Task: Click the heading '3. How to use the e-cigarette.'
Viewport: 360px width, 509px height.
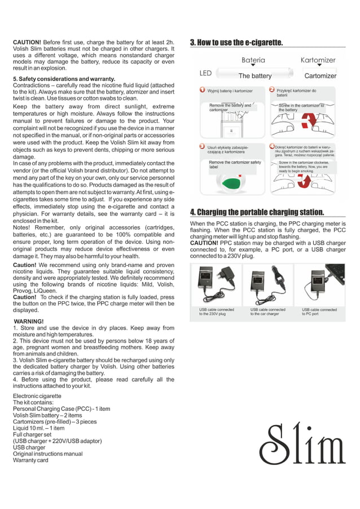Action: click(x=236, y=42)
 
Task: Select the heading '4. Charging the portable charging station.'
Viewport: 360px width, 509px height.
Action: click(x=257, y=212)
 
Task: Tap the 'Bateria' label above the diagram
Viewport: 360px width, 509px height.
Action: click(x=253, y=60)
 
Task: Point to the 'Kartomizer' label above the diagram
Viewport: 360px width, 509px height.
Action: click(x=318, y=60)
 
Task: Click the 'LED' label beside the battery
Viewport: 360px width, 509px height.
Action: click(x=205, y=73)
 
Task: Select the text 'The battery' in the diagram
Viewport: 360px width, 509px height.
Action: click(x=255, y=76)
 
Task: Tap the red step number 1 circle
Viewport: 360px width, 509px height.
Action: click(x=203, y=90)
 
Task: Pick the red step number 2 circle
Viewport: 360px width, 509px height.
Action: click(x=271, y=90)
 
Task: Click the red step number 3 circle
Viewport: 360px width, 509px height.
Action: click(x=203, y=146)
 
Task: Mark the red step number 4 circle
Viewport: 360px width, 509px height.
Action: click(x=271, y=146)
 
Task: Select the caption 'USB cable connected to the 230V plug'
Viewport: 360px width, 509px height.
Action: click(x=216, y=311)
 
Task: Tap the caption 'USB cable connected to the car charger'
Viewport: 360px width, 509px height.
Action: click(x=267, y=311)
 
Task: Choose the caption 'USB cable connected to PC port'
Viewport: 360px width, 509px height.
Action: click(x=319, y=311)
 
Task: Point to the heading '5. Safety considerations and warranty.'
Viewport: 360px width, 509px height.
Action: click(x=64, y=78)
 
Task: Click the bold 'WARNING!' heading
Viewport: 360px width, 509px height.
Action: click(x=29, y=322)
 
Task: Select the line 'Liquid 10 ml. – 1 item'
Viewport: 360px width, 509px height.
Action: click(x=39, y=428)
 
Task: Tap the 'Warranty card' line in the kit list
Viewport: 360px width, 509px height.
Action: click(x=30, y=460)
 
